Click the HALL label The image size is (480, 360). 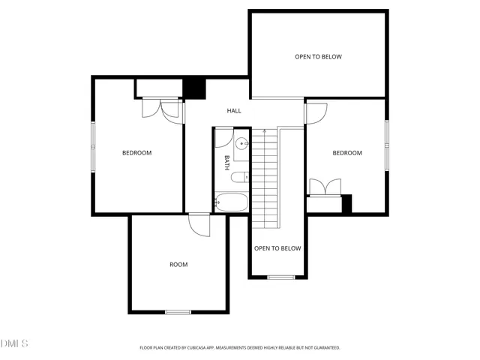235,111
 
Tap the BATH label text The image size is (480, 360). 226,162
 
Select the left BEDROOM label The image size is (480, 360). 136,153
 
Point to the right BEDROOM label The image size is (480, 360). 347,153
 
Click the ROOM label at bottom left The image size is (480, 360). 178,264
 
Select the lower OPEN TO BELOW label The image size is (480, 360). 277,248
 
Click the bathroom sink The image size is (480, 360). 241,145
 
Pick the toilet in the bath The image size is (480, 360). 239,178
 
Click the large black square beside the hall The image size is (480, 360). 194,88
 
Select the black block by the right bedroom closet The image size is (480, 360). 346,203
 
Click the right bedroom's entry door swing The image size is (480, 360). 316,113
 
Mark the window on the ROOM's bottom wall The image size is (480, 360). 178,311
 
